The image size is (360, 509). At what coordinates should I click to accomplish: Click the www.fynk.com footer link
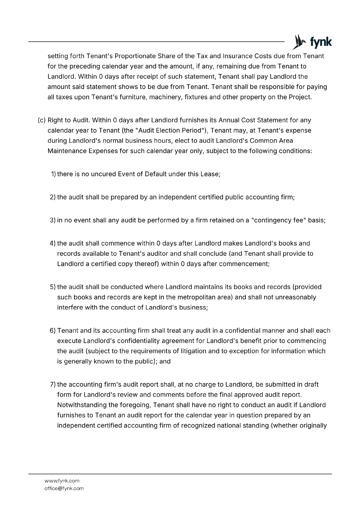pyautogui.click(x=62, y=481)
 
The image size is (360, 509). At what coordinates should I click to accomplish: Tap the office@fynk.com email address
pyautogui.click(x=64, y=488)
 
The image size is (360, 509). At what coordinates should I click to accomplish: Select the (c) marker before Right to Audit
pyautogui.click(x=42, y=120)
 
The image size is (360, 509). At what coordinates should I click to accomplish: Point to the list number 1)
pyautogui.click(x=53, y=174)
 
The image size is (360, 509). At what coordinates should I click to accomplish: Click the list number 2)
pyautogui.click(x=53, y=197)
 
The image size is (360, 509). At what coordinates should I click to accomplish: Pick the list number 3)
pyautogui.click(x=53, y=220)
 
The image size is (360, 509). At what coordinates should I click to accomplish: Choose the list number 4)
pyautogui.click(x=53, y=243)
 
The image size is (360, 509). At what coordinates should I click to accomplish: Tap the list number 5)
pyautogui.click(x=53, y=287)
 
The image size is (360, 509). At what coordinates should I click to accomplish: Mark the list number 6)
pyautogui.click(x=53, y=331)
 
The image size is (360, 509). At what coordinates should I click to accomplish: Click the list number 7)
pyautogui.click(x=53, y=385)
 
